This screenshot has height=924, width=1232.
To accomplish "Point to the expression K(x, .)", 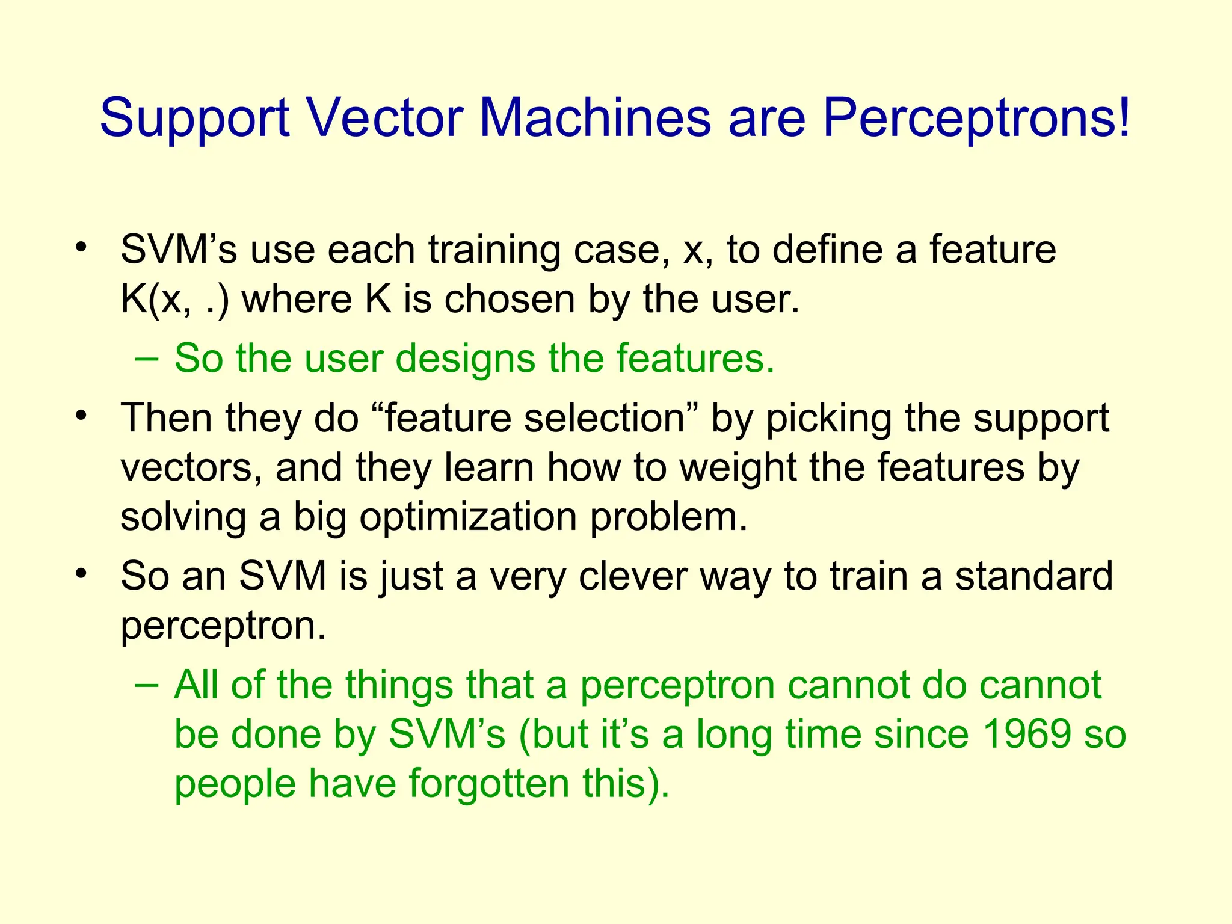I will (174, 299).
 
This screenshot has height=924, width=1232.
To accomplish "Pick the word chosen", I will (510, 299).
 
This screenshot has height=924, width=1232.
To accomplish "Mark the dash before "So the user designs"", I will (147, 359).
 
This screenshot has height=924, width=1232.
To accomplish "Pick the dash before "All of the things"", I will (147, 685).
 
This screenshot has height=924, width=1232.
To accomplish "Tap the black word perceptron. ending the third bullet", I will (223, 626).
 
